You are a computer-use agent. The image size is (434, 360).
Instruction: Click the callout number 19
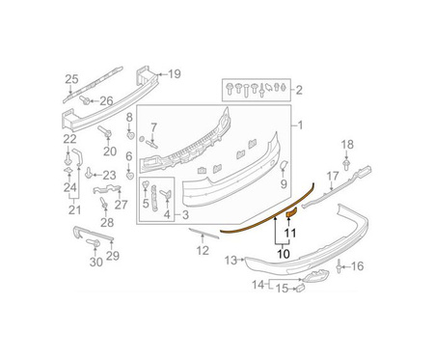[x=175, y=74]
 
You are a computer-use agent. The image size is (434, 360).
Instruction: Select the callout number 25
[x=71, y=79]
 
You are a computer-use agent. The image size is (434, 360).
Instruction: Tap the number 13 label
[x=231, y=260]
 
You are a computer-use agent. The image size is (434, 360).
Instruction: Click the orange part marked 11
[x=292, y=213]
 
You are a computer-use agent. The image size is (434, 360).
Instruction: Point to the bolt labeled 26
[x=85, y=100]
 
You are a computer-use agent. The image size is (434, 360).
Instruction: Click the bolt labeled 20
[x=105, y=131]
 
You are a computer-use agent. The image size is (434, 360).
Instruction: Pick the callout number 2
[x=299, y=91]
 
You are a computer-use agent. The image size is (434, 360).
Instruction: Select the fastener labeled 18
[x=346, y=164]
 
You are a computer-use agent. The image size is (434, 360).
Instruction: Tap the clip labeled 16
[x=339, y=266]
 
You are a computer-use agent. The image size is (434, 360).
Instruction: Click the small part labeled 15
[x=300, y=288]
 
